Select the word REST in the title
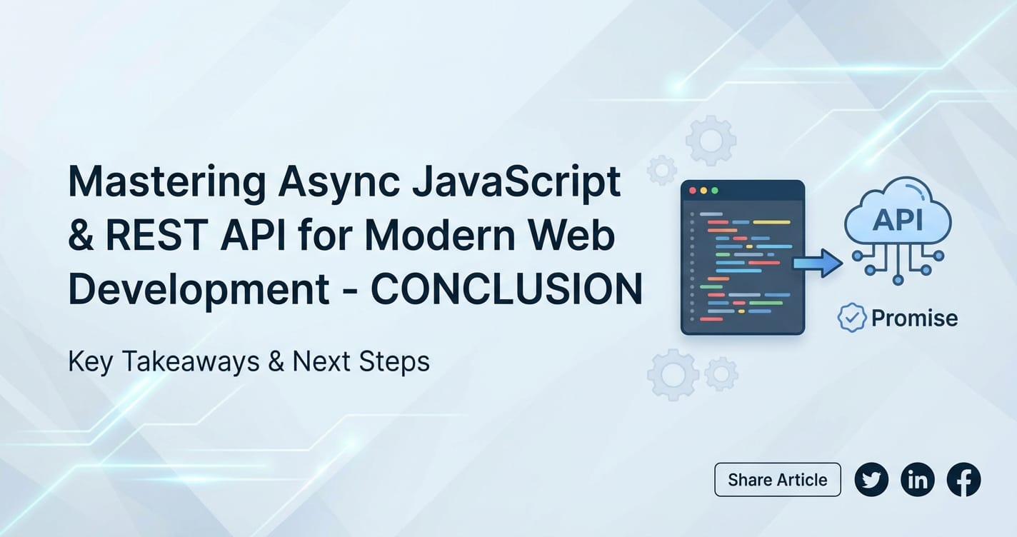pyautogui.click(x=157, y=235)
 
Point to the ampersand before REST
pyautogui.click(x=81, y=235)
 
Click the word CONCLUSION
pyautogui.click(x=506, y=288)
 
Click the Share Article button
pyautogui.click(x=778, y=480)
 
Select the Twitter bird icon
pyautogui.click(x=871, y=480)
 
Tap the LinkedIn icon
pyautogui.click(x=918, y=480)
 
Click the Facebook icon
pyautogui.click(x=964, y=480)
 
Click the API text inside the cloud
pyautogui.click(x=898, y=221)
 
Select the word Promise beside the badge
pyautogui.click(x=914, y=318)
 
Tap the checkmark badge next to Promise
pyautogui.click(x=852, y=318)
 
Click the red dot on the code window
pyautogui.click(x=693, y=191)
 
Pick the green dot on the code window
pyautogui.click(x=715, y=191)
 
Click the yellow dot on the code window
pyautogui.click(x=703, y=191)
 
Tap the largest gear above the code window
pyautogui.click(x=711, y=141)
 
